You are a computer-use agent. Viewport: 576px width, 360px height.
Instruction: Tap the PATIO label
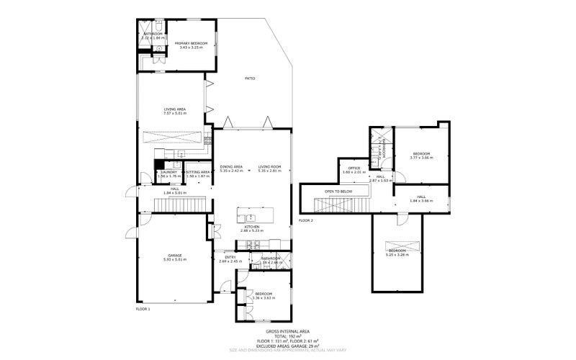pos(250,78)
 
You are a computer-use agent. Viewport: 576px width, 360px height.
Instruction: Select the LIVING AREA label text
pos(175,109)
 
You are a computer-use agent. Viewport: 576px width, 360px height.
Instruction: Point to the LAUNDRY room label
pos(169,172)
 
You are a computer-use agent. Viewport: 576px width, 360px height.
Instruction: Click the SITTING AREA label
pos(198,172)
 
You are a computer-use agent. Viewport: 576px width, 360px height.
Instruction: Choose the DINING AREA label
pos(231,167)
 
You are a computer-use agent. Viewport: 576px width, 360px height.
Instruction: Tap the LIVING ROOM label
pos(269,167)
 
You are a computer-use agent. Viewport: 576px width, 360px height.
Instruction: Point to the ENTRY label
pos(230,257)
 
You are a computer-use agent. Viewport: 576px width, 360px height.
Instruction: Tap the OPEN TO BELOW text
pos(338,192)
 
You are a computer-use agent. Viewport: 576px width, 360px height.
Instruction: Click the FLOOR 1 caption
pos(143,309)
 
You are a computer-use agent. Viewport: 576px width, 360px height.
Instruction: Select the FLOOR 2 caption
pos(306,220)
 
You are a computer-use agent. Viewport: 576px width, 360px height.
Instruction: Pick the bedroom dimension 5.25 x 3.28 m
pos(397,254)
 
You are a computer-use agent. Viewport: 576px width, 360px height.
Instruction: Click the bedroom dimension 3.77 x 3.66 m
pos(420,157)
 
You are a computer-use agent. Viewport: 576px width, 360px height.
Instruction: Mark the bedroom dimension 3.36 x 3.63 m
pos(263,297)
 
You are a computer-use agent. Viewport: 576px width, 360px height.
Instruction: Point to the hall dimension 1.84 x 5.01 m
pos(175,193)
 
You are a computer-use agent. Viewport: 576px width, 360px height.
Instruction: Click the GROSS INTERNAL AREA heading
pos(287,331)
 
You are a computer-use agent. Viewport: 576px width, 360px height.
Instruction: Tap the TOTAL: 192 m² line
pos(287,336)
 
